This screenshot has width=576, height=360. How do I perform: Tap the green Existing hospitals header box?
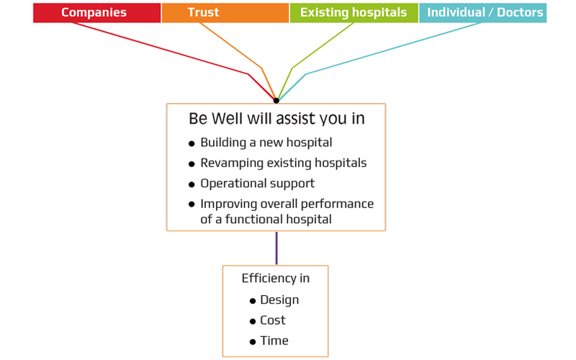354,13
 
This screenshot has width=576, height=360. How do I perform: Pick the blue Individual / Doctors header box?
482,13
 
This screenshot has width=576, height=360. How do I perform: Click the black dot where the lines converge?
276,100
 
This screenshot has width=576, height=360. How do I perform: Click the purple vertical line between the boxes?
276,248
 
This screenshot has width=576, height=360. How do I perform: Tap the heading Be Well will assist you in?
276,119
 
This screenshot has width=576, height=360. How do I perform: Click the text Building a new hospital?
266,143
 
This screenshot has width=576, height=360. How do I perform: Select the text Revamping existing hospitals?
283,163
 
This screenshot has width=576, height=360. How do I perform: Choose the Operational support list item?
257,183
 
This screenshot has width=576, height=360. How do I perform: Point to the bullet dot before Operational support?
192,184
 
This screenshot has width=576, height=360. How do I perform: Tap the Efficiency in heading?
275,279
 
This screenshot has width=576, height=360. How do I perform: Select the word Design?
279,300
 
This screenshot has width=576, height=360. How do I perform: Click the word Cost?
273,320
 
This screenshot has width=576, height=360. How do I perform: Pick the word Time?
274,341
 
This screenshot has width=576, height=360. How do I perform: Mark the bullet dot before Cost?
253,322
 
